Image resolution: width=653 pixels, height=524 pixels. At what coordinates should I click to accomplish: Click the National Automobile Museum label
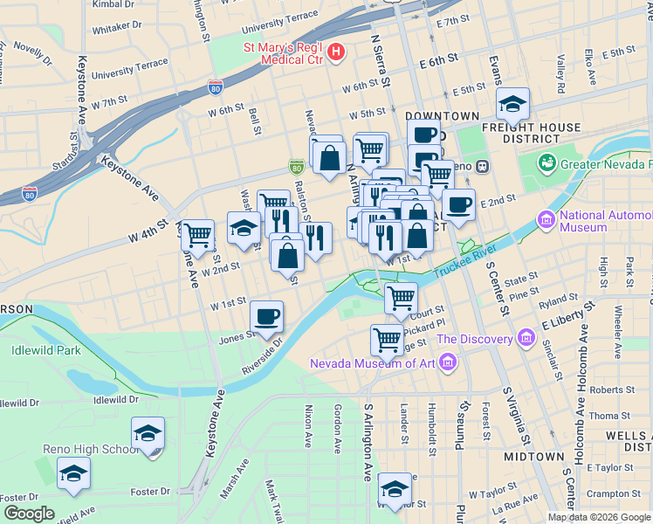tap(595, 222)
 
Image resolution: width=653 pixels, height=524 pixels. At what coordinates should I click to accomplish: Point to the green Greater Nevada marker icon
tap(547, 163)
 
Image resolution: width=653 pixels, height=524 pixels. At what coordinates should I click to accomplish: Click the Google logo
tap(29, 513)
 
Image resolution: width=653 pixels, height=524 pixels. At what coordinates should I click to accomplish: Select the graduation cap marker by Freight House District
tap(512, 105)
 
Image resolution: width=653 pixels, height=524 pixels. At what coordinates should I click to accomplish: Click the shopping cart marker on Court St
tap(401, 298)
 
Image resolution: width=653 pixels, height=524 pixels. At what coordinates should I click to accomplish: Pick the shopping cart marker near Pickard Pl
tap(387, 339)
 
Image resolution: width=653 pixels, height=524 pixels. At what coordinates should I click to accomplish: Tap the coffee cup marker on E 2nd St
tap(458, 206)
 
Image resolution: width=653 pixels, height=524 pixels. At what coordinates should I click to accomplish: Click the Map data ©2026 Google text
tap(599, 517)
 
